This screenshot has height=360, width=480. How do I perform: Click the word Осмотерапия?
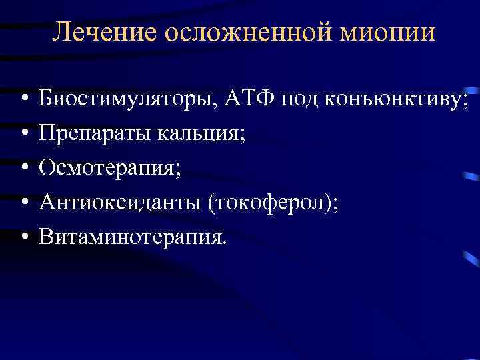[x=107, y=167]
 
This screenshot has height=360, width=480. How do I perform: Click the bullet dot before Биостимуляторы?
[x=23, y=100]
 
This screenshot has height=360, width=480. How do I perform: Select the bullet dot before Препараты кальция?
[x=23, y=134]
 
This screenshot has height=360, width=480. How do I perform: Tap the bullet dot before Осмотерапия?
[x=23, y=168]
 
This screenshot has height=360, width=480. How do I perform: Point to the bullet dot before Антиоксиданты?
[x=23, y=202]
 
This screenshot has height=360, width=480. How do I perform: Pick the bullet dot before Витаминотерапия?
[x=23, y=236]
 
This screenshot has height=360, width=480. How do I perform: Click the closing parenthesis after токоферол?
[x=330, y=201]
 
